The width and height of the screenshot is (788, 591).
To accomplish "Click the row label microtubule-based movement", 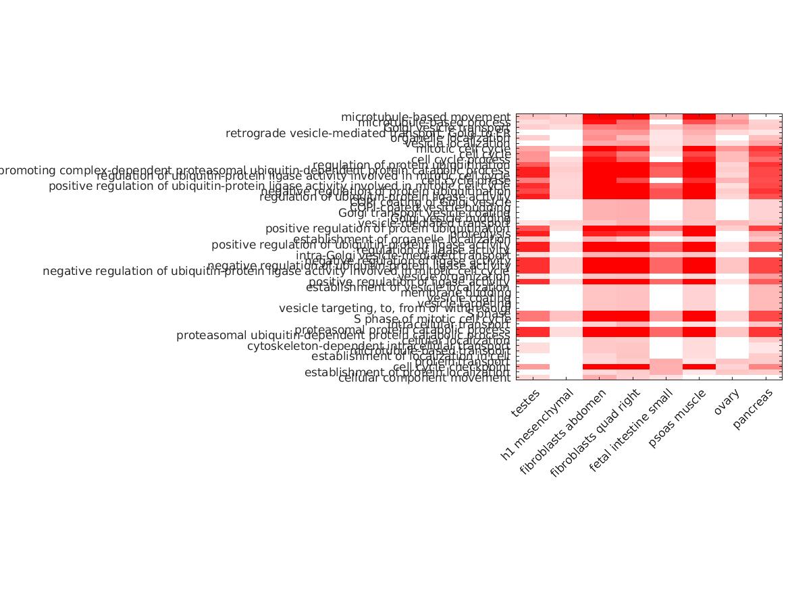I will coord(425,117).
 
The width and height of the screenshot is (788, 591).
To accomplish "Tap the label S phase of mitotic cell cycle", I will coord(432,319).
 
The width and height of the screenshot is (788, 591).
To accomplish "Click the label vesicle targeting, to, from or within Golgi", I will coord(394,309).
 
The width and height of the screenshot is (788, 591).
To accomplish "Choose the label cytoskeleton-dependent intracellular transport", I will coord(378,346).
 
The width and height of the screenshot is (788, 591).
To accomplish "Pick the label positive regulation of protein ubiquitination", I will coord(388,229).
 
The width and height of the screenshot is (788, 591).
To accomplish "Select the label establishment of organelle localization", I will coord(402,239).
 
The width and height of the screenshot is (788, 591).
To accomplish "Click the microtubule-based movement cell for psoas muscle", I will coord(699,117).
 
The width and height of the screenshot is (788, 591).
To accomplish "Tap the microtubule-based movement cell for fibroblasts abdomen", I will coord(599,117).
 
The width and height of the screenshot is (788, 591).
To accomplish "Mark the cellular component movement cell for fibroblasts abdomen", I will coord(599,378).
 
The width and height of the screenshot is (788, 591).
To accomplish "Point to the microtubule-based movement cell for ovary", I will coord(732,117).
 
